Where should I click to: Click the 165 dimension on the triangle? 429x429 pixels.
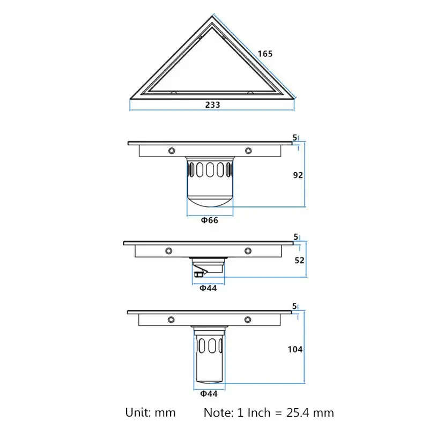coord(265,54)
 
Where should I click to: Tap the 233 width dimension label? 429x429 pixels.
coord(212,105)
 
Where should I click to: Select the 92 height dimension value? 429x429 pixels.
coord(298,175)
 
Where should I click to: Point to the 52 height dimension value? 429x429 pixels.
coord(299,260)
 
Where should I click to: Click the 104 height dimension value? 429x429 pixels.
coord(295,350)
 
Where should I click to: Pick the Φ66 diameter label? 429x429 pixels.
coord(210,220)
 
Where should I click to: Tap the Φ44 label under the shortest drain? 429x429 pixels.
coord(208,288)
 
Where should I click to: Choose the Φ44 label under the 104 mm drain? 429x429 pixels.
coord(209,394)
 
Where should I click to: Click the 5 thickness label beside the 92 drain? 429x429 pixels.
coord(294,138)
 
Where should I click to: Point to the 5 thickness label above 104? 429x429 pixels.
coord(294,306)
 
